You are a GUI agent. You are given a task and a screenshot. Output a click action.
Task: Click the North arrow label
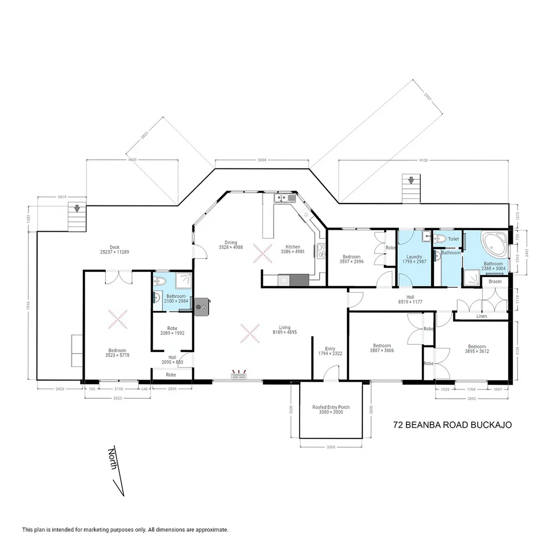click(113, 457)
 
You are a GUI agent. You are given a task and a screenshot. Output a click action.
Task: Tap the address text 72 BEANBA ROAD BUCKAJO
click(452, 425)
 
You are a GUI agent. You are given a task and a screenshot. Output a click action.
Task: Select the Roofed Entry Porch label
click(331, 407)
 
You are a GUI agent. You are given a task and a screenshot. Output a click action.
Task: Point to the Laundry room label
click(414, 257)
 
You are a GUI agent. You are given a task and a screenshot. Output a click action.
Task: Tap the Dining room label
click(231, 243)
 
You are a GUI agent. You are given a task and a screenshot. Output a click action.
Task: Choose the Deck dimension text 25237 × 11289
click(114, 252)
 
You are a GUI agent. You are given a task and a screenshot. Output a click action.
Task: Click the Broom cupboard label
click(495, 282)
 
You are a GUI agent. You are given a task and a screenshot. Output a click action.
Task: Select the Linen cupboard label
click(482, 316)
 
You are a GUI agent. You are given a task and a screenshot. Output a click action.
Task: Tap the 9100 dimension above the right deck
click(423, 160)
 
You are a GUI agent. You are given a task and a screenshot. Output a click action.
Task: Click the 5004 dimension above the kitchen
click(262, 160)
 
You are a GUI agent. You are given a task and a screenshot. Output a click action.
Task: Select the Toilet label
click(453, 239)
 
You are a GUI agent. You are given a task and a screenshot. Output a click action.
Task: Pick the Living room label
click(284, 327)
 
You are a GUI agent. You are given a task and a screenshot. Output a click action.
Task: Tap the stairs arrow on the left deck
click(77, 208)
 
